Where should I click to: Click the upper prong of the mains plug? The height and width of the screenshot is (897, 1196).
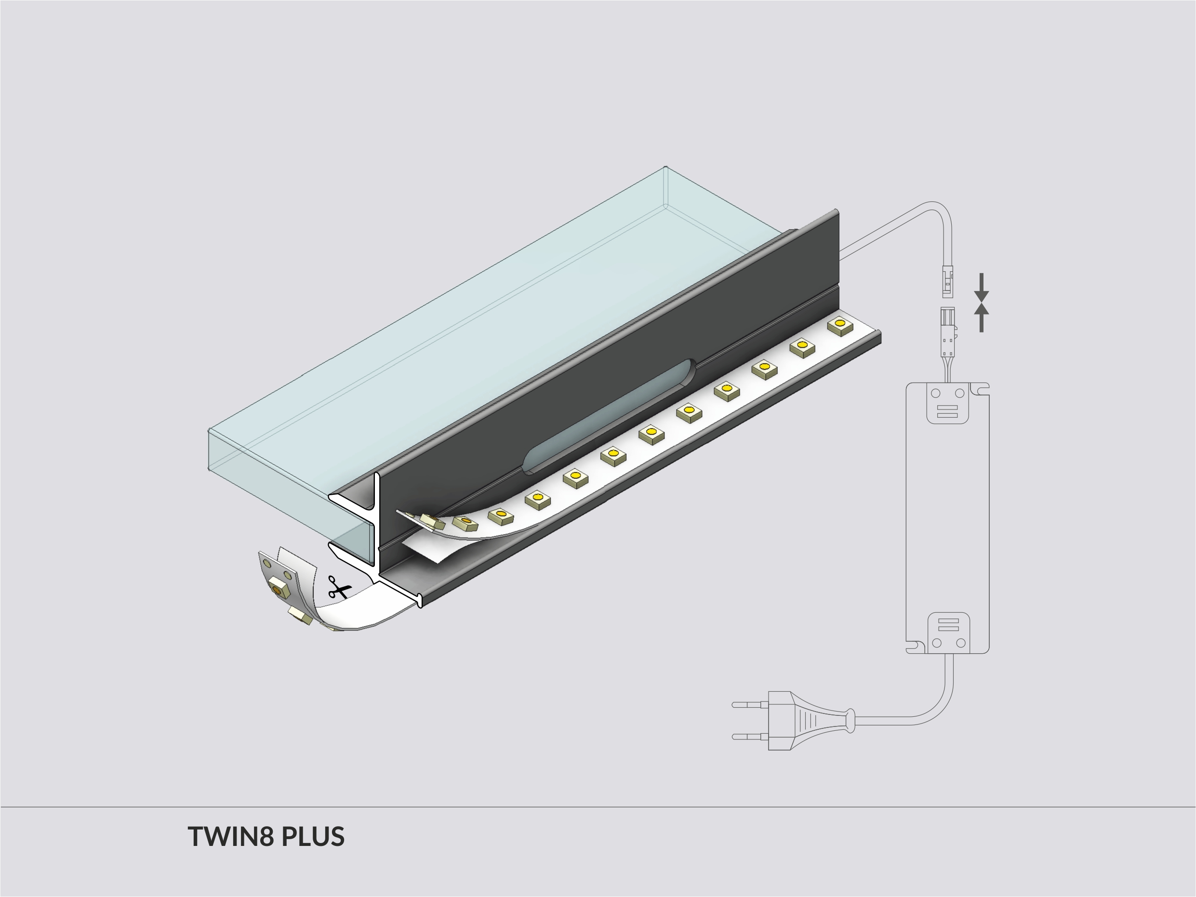tap(749, 704)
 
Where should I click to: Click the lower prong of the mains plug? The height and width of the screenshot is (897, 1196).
tap(749, 737)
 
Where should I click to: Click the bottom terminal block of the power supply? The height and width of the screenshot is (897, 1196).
tap(948, 633)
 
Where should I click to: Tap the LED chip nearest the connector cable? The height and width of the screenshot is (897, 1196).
tap(840, 326)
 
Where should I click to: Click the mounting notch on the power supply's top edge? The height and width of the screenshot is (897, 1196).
tap(979, 388)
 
